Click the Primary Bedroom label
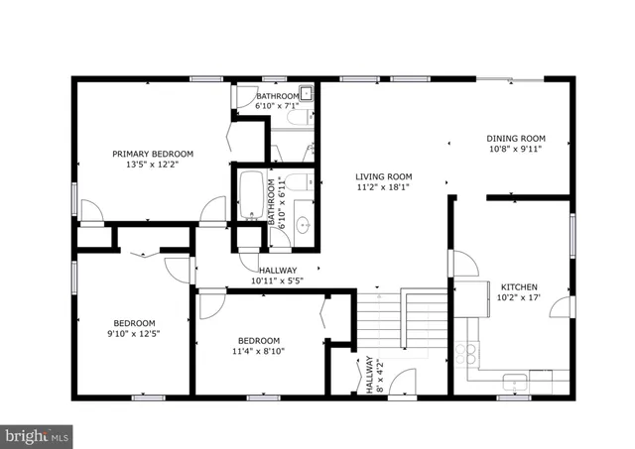[152, 154]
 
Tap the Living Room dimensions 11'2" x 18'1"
[383, 186]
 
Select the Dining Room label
[515, 139]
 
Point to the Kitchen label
[518, 283]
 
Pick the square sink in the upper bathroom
[307, 95]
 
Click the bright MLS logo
[38, 434]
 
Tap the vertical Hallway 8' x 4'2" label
[371, 376]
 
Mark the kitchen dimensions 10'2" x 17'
[518, 296]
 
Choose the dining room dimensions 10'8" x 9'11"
[515, 151]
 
